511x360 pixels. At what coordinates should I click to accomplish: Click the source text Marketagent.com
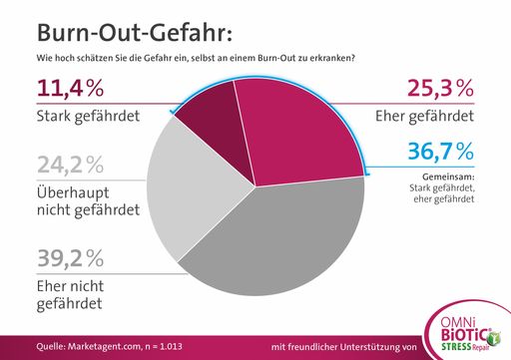point(95,346)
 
